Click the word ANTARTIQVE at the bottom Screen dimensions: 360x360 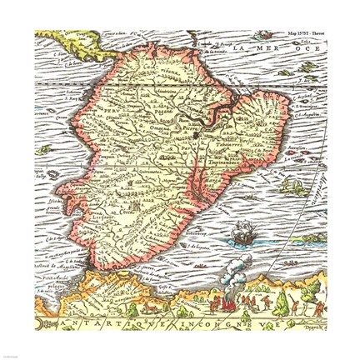[92, 327]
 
